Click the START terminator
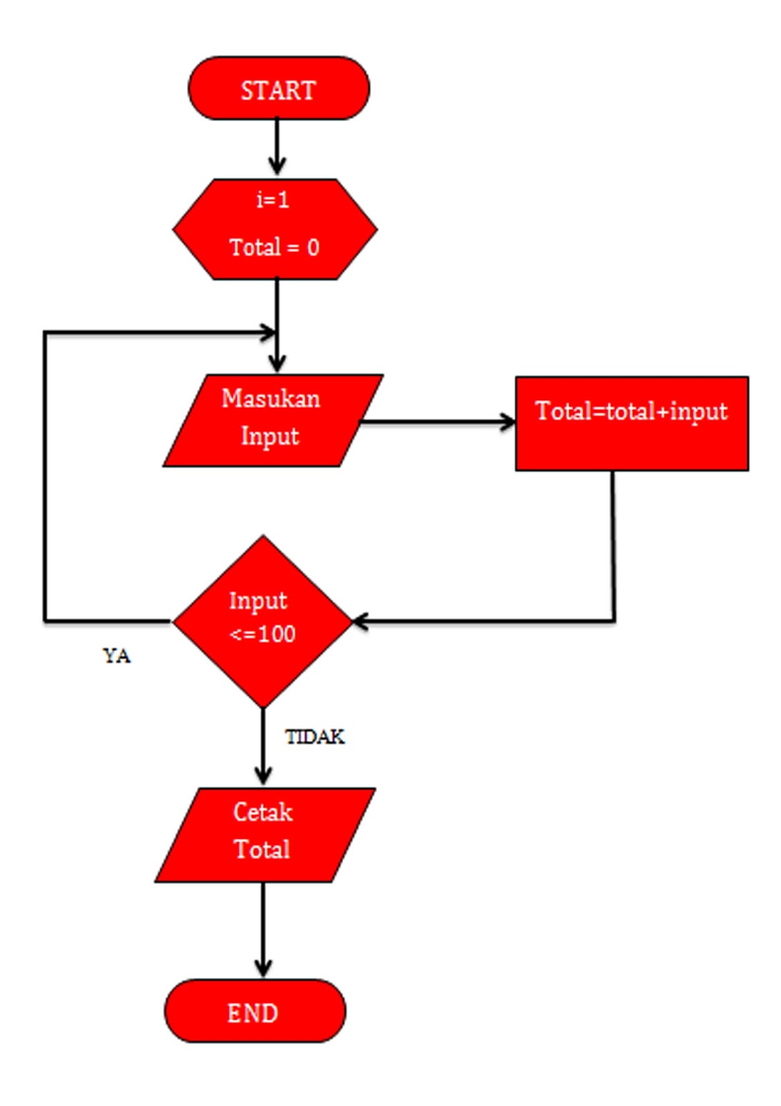click(x=278, y=89)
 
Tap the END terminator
click(x=254, y=1012)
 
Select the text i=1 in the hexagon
click(x=273, y=200)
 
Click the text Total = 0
click(x=274, y=247)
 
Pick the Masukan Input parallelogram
click(x=272, y=420)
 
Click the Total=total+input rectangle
click(x=631, y=424)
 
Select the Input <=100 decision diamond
click(x=262, y=620)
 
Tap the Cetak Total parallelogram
click(x=264, y=834)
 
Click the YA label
click(x=116, y=655)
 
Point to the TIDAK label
click(x=315, y=737)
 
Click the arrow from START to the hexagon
click(x=277, y=147)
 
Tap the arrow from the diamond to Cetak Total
click(x=263, y=747)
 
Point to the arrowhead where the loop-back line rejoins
click(x=268, y=332)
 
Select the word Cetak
click(x=263, y=812)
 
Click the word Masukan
click(x=271, y=399)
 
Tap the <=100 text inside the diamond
click(x=262, y=634)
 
